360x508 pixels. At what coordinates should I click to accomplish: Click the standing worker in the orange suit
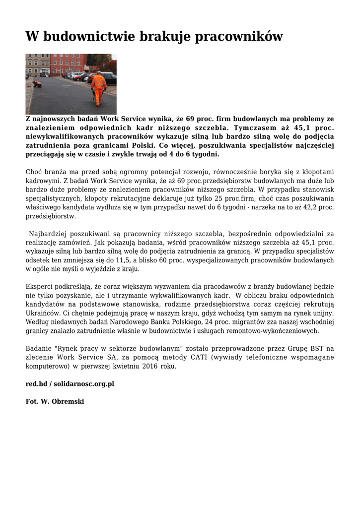click(99, 88)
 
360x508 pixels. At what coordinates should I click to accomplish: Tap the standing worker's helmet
click(98, 72)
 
